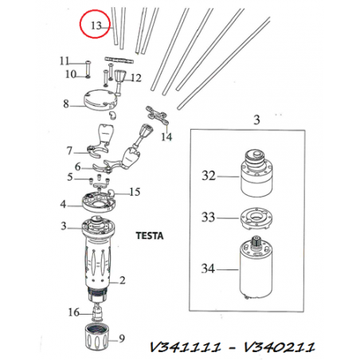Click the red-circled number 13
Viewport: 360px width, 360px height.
[96, 25]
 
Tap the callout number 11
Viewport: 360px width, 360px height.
[65, 61]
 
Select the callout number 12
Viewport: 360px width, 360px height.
[136, 78]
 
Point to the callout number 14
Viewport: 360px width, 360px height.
[166, 137]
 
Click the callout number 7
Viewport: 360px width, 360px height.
[69, 151]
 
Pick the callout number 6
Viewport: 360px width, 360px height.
[77, 166]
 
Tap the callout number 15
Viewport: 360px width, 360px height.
[135, 192]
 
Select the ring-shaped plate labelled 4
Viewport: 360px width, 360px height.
[99, 202]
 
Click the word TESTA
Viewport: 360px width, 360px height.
[150, 236]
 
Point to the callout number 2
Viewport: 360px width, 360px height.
[123, 280]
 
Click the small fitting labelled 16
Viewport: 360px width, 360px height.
[97, 313]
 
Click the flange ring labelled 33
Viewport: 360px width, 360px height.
[256, 218]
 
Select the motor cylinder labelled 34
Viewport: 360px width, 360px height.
[256, 268]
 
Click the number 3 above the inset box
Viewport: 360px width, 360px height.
[256, 120]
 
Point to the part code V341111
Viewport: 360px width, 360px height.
[186, 347]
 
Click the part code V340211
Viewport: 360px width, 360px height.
[280, 347]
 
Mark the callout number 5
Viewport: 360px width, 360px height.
[70, 177]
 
